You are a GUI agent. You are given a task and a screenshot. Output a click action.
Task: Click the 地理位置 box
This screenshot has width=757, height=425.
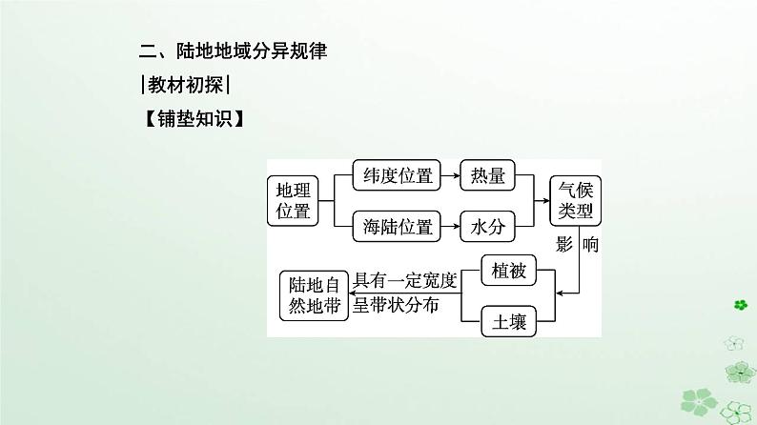[294, 199]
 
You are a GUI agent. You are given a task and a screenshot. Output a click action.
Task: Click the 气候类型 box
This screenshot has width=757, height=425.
[576, 199]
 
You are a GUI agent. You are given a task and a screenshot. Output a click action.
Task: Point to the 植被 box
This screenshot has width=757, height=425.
[505, 272]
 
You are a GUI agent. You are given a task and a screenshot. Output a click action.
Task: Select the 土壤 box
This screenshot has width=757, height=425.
[505, 321]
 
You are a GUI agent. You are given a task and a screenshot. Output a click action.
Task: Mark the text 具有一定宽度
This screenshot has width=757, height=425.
[405, 281]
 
